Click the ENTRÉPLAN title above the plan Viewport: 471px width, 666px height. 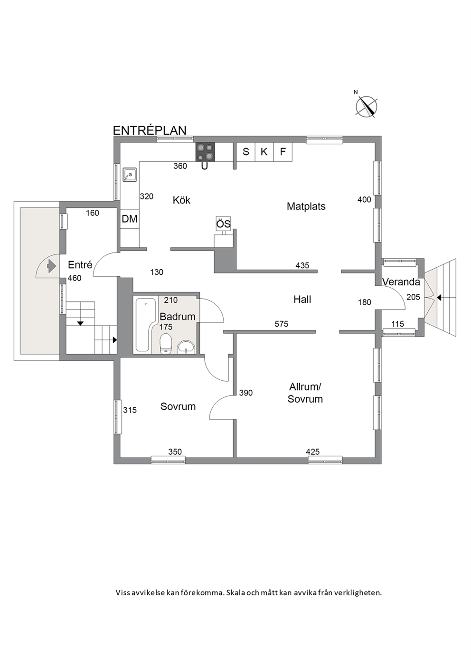click(150, 131)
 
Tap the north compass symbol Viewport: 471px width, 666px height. click(367, 107)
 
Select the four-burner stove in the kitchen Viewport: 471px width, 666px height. click(205, 152)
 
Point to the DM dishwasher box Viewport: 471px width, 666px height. click(130, 219)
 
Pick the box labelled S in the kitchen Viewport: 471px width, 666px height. click(245, 152)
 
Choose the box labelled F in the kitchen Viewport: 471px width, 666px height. click(283, 152)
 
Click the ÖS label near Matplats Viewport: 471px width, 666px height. click(223, 224)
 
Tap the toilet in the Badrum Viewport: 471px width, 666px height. click(166, 344)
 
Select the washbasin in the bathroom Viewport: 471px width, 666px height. click(186, 347)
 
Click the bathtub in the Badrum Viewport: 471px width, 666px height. click(146, 325)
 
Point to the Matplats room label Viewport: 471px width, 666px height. click(306, 206)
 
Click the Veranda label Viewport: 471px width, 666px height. click(401, 281)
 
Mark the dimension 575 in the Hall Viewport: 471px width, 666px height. click(281, 324)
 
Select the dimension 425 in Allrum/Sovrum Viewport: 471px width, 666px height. click(313, 452)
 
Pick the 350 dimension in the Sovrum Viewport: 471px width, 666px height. click(175, 452)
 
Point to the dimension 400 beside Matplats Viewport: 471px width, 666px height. click(364, 199)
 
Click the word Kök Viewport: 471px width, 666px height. click(181, 200)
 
